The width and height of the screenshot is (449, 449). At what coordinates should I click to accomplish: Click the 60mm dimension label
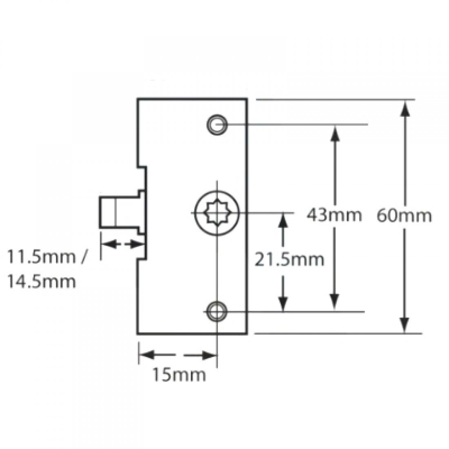404,215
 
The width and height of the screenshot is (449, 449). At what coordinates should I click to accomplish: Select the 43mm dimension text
334,215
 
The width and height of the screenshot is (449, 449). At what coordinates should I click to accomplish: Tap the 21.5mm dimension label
289,259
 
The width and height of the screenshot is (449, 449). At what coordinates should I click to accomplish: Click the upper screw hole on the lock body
217,123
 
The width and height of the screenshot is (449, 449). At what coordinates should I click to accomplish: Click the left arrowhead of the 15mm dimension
145,355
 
